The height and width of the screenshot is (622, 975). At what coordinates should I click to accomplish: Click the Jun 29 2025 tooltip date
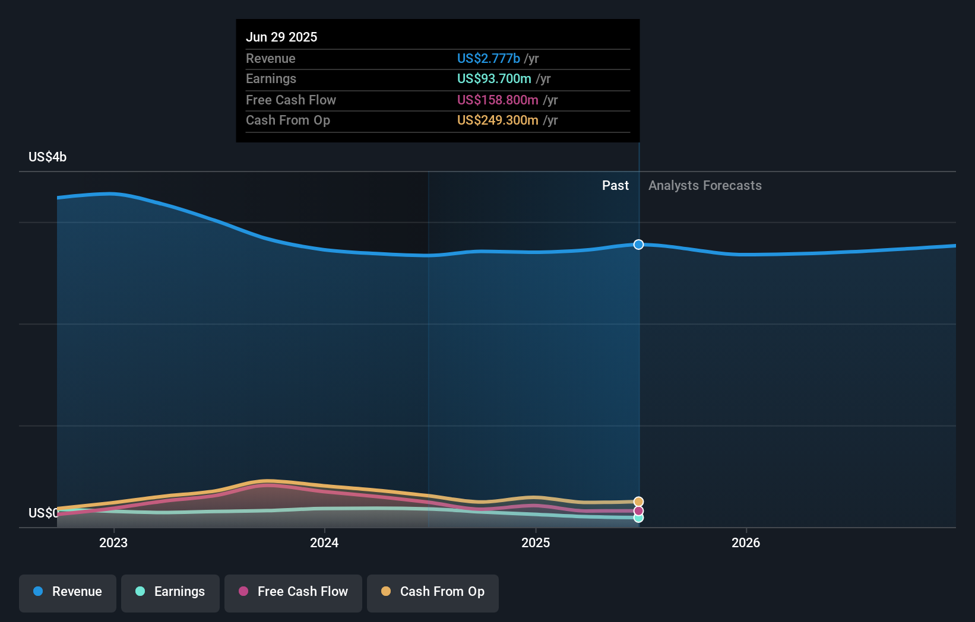point(281,37)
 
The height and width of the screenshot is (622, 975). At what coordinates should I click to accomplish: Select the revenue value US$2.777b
point(488,58)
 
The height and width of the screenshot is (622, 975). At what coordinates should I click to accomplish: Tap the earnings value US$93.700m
point(494,78)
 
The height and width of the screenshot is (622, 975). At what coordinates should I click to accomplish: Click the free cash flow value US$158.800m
point(498,100)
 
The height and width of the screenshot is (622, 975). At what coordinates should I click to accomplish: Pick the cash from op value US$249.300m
point(498,120)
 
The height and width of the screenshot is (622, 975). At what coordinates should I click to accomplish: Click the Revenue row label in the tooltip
point(270,58)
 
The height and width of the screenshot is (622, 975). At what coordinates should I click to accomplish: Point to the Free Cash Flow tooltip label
point(290,100)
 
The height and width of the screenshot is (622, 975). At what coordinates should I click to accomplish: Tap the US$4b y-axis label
point(48,157)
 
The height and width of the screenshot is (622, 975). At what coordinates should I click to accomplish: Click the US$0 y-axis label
point(43,513)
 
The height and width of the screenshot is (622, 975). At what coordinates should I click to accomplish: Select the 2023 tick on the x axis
point(113,542)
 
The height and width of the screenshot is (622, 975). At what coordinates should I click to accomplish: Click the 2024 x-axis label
point(324,542)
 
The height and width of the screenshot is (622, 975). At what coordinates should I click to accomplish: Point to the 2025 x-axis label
point(536,542)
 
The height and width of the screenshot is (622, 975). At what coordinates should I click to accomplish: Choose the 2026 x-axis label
point(746,542)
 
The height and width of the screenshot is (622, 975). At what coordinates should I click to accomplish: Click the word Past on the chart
point(615,185)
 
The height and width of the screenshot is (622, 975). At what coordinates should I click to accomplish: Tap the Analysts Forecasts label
point(705,185)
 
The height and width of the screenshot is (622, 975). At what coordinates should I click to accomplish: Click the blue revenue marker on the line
point(638,245)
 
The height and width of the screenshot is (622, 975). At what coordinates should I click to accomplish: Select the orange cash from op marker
point(638,502)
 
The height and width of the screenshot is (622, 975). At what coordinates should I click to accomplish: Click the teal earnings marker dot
point(638,518)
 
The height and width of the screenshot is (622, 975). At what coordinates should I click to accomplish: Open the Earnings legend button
point(170,592)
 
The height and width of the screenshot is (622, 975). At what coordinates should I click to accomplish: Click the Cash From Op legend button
point(433,592)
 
